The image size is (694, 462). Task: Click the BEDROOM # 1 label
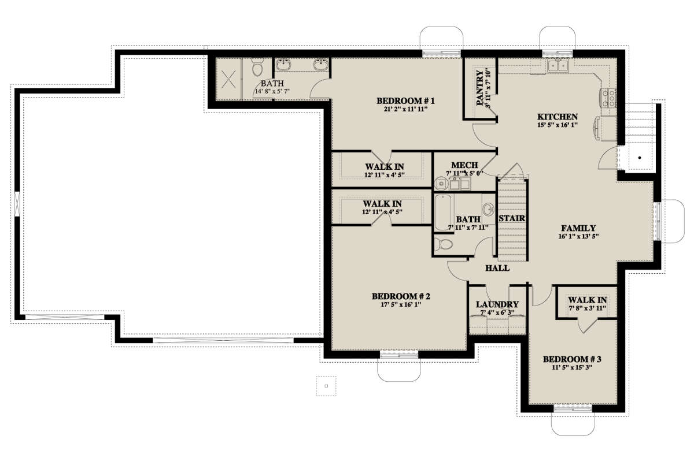coord(405,101)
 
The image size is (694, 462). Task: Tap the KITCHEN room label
coord(558,117)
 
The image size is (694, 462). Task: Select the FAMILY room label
coord(578,228)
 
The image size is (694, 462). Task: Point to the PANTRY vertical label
coord(480,88)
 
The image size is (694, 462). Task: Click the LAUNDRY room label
coord(497,304)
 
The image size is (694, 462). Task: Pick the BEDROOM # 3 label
coord(572,359)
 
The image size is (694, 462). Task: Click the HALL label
coord(497,268)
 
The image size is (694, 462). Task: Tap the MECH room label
coord(464,165)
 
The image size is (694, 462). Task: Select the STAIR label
coord(512,218)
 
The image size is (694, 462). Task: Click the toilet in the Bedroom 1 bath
coord(257,68)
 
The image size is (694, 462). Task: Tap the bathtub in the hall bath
coord(443,213)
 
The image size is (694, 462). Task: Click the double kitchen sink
coord(558,66)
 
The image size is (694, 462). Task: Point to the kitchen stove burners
coord(609,98)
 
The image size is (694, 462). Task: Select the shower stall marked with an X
coord(228,79)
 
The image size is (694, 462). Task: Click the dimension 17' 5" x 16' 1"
coord(401,304)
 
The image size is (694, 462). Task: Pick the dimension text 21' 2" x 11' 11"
coord(406,109)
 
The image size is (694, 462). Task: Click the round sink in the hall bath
coord(489,209)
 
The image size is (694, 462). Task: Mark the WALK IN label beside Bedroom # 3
coord(588,300)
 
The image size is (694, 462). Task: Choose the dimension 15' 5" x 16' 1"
coord(558,125)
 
